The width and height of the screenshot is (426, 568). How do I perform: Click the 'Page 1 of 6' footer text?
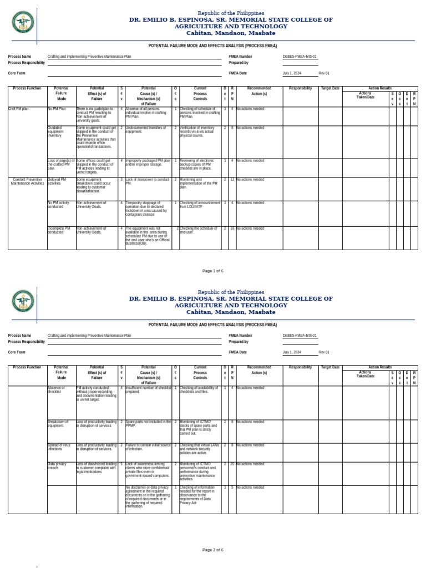pyautogui.click(x=213, y=271)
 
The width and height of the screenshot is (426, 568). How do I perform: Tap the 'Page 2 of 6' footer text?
pyautogui.click(x=213, y=550)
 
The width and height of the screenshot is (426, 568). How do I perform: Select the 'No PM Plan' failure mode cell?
pyautogui.click(x=57, y=109)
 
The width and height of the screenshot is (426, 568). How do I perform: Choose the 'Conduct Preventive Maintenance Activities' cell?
pyautogui.click(x=27, y=181)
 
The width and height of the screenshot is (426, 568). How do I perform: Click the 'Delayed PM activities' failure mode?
pyautogui.click(x=58, y=181)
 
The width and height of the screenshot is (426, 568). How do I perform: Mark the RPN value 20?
pyautogui.click(x=232, y=464)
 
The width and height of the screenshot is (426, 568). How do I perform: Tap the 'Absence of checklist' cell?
pyautogui.click(x=56, y=389)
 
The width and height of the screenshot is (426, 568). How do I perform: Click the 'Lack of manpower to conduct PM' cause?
pyautogui.click(x=147, y=181)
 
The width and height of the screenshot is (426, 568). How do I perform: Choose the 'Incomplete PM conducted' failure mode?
pyautogui.click(x=59, y=230)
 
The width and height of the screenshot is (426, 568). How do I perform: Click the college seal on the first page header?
pyautogui.click(x=23, y=22)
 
